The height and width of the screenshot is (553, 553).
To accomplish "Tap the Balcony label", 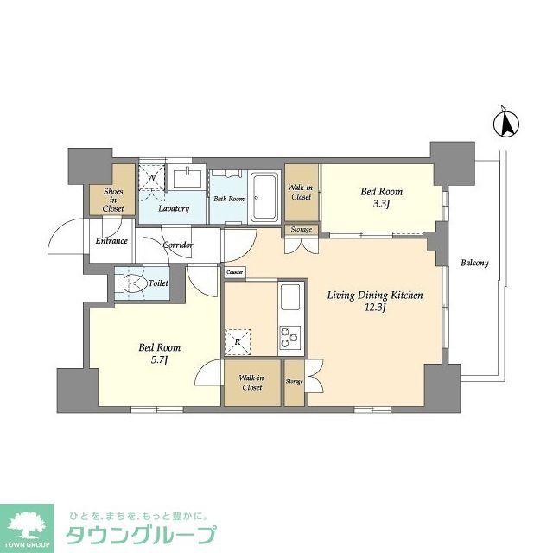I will (474, 264).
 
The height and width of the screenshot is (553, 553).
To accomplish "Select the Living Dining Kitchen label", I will (374, 296).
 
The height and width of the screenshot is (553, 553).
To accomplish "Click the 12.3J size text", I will (374, 308).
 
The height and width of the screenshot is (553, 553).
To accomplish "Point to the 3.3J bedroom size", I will (381, 205).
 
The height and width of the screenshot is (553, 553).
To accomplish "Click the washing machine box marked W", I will (152, 177).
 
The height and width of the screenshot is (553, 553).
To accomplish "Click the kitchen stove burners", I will (289, 337).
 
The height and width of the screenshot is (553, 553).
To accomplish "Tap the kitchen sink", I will (289, 302).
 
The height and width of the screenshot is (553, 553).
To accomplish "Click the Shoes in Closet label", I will (114, 200).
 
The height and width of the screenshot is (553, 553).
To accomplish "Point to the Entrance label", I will (112, 241).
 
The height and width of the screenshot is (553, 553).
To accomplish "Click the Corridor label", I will (179, 245).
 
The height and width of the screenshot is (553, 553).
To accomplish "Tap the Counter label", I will (235, 273).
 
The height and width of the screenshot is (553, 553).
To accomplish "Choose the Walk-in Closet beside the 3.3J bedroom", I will (301, 192).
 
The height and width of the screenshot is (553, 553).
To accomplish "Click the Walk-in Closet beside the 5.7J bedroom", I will (251, 383).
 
